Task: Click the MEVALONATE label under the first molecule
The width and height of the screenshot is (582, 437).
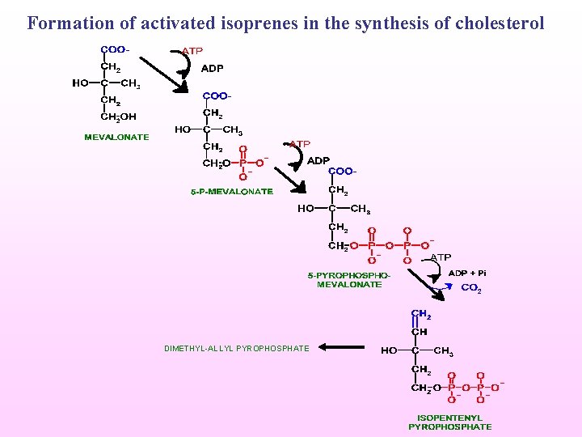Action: [116, 137]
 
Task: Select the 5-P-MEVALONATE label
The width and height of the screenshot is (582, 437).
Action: [232, 192]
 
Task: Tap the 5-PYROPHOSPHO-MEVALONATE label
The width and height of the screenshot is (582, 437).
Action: [349, 280]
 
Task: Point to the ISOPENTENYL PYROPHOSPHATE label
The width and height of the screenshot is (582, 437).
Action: [449, 422]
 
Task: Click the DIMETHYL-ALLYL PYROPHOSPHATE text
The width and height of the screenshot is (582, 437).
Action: [236, 348]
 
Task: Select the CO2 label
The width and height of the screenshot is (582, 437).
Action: [470, 288]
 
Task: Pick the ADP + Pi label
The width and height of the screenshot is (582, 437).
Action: [467, 273]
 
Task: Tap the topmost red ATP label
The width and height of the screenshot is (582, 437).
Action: [192, 51]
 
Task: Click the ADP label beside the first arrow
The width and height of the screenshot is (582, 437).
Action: [212, 69]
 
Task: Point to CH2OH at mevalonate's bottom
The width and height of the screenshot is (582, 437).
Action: [118, 117]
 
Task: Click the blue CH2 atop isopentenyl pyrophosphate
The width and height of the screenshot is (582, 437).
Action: [420, 315]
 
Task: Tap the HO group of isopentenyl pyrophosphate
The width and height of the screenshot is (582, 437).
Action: [389, 351]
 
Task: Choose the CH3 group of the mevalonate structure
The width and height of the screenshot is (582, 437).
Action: [131, 83]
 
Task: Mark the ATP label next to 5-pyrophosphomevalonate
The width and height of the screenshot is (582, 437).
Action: [440, 257]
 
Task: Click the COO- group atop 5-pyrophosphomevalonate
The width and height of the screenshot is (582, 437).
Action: [342, 172]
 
